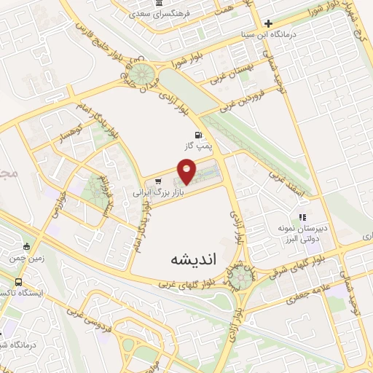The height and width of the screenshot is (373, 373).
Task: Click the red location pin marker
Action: (x=188, y=172)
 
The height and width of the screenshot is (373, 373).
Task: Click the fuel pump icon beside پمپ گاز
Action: (x=199, y=134)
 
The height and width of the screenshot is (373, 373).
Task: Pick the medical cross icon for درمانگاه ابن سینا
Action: (x=268, y=24)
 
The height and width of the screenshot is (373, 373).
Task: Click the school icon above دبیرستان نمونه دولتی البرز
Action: (x=302, y=216)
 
